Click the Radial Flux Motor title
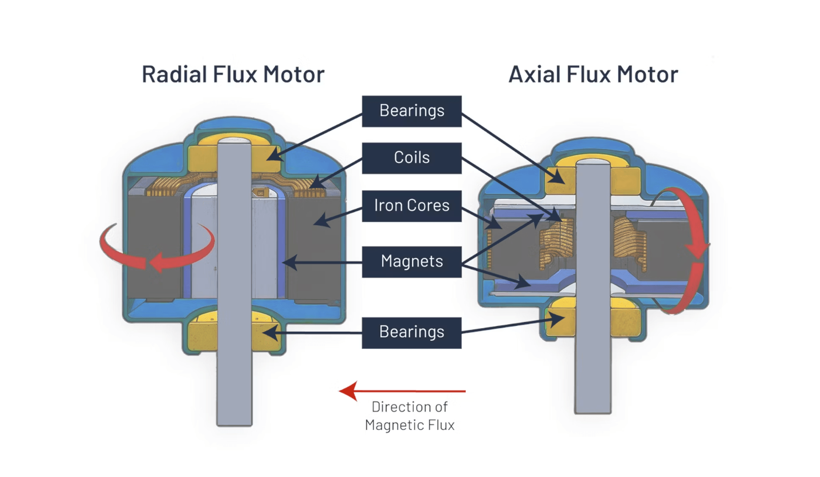coord(233,74)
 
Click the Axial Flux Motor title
coord(593,74)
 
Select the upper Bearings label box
coord(411,111)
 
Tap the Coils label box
coord(411,158)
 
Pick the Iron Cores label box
coord(411,206)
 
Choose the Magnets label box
coord(411,262)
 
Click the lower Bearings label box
coord(411,332)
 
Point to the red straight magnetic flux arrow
coord(402,391)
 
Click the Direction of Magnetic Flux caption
coord(409,416)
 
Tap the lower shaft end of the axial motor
coord(592,394)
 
